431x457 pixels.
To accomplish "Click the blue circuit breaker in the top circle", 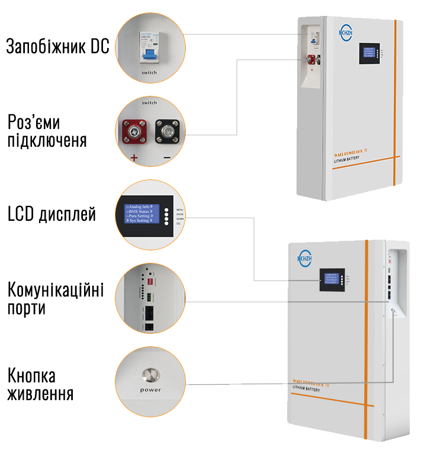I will [149, 50].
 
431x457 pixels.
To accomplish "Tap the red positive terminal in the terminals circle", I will [134, 131].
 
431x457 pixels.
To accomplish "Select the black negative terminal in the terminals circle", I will [166, 131].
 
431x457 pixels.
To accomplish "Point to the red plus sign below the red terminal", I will [134, 157].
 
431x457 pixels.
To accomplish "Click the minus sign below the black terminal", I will [167, 157].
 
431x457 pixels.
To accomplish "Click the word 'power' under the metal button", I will [150, 390].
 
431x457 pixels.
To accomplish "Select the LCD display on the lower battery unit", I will [330, 279].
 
